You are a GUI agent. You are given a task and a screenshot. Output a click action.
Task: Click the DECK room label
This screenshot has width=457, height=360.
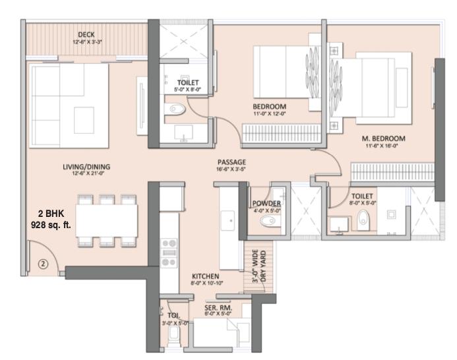coord(86,34)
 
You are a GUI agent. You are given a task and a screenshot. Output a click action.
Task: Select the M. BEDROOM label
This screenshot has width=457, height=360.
coord(383,138)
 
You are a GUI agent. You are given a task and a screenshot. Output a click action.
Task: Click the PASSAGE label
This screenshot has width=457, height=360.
coord(232,162)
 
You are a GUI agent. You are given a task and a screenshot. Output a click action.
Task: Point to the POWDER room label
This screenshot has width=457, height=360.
coord(267,204)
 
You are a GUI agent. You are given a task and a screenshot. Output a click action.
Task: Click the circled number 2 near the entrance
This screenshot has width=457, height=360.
coord(42,264)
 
